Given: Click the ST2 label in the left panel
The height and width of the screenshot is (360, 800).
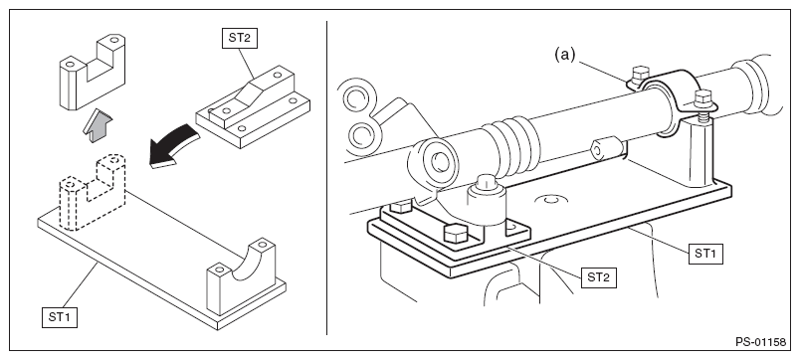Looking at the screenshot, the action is [x=240, y=38].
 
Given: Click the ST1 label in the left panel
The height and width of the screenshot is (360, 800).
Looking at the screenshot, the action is [x=60, y=317].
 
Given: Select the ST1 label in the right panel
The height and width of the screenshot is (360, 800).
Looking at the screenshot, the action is [x=705, y=254].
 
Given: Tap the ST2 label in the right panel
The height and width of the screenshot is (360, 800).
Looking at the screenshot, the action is [x=598, y=277].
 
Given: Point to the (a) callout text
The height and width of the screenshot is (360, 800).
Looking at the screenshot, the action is [x=565, y=54].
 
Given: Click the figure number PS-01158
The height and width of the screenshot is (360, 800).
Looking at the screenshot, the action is [x=761, y=342].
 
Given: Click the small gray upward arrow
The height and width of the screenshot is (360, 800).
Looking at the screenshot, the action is [x=98, y=127].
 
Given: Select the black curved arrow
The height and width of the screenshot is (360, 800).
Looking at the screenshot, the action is [x=173, y=148].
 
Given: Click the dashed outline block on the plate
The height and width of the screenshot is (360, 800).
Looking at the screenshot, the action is [x=93, y=192].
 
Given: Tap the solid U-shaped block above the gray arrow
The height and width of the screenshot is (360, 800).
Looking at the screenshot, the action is [x=93, y=72].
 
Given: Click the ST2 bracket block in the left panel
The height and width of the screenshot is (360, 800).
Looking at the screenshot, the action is [x=253, y=106].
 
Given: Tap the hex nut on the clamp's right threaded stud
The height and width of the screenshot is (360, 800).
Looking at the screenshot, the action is [x=703, y=97].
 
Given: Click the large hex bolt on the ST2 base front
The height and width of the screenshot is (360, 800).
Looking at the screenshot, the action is [x=456, y=234].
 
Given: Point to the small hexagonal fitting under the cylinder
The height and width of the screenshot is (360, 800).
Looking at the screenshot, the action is [x=607, y=150].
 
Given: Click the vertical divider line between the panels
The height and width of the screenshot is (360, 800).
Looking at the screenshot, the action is [x=327, y=177].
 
